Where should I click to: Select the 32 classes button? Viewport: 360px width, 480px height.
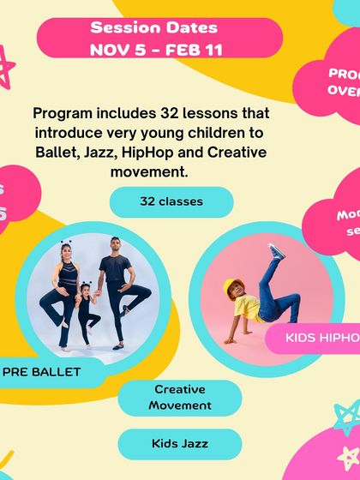pyautogui.click(x=171, y=201)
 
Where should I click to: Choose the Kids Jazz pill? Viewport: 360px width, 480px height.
pyautogui.click(x=179, y=443)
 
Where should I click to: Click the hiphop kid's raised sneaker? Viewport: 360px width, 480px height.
pyautogui.click(x=276, y=251)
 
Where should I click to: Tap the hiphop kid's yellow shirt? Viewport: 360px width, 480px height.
pyautogui.click(x=247, y=306)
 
